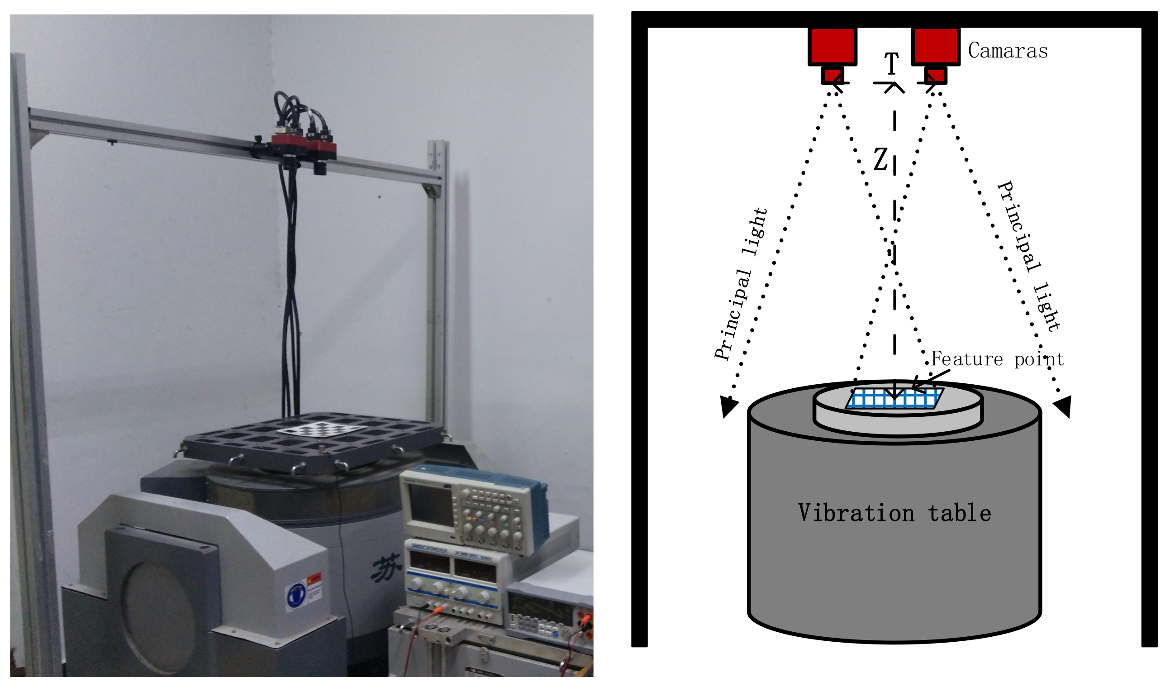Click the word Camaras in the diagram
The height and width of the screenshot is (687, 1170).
click(x=1007, y=51)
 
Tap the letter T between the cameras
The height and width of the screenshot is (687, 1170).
click(x=891, y=64)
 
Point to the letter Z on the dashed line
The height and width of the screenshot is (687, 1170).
click(x=880, y=160)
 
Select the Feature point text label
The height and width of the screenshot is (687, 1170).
click(x=997, y=359)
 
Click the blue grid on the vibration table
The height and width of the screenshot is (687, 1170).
click(x=894, y=399)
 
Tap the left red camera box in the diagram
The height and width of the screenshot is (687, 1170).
click(x=832, y=46)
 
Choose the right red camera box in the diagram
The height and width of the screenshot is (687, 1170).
click(x=935, y=46)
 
